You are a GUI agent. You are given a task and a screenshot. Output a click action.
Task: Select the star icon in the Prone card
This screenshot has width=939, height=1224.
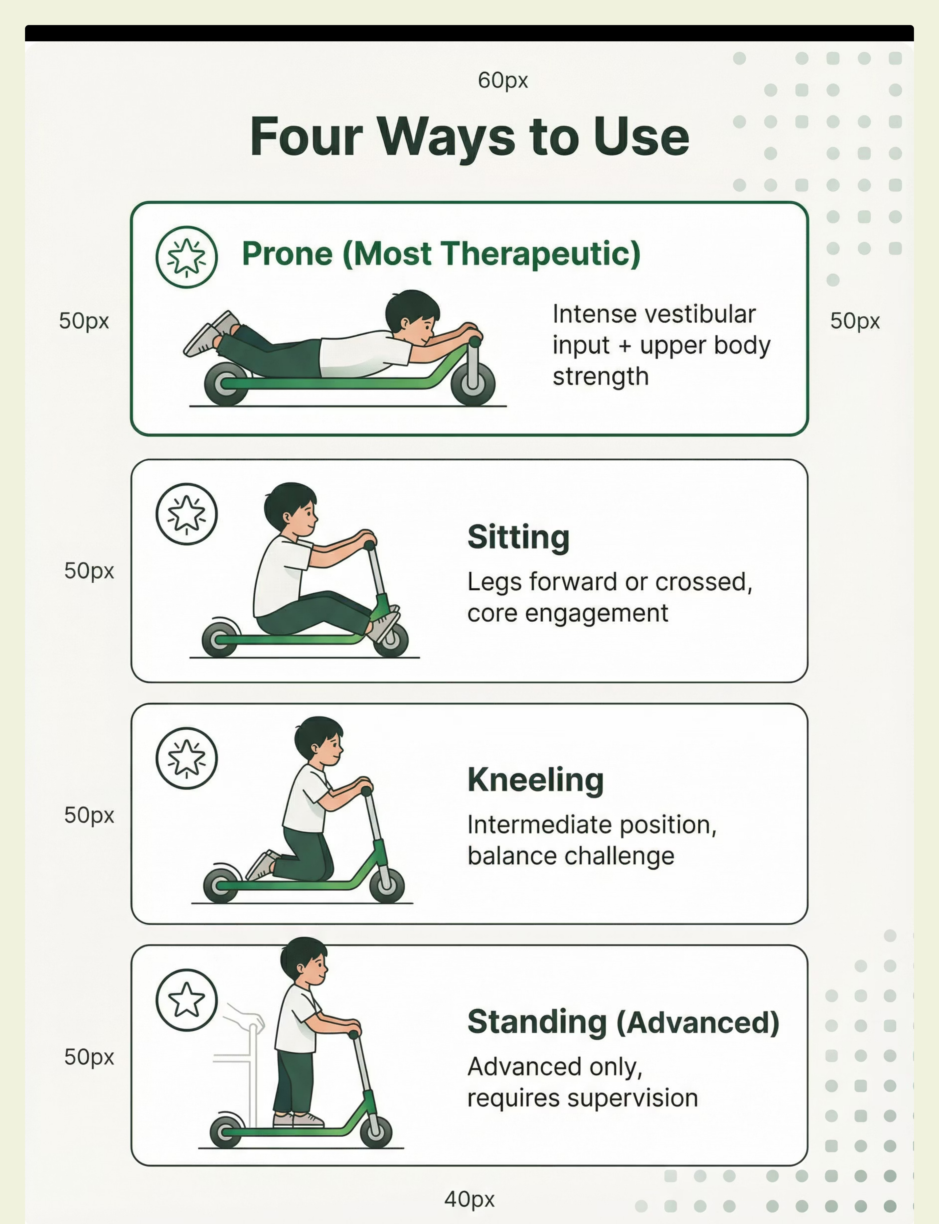186,257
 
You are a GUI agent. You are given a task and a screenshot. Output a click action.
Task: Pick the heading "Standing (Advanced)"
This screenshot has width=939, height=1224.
623,1022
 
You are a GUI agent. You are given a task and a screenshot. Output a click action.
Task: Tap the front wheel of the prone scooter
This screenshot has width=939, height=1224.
473,383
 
